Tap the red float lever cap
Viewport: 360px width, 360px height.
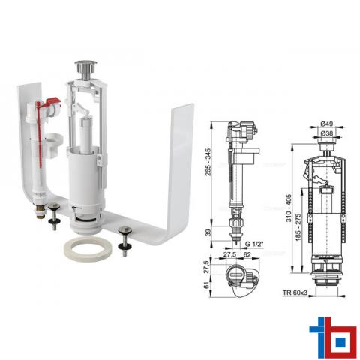pyautogui.click(x=52, y=102)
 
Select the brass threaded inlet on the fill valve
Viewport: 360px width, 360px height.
pyautogui.click(x=40, y=213)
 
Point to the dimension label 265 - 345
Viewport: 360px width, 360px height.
pyautogui.click(x=208, y=162)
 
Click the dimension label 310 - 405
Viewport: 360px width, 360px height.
pyautogui.click(x=289, y=208)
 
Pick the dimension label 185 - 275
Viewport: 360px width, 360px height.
pyautogui.click(x=298, y=227)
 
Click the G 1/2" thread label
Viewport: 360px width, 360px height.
pyautogui.click(x=254, y=244)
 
